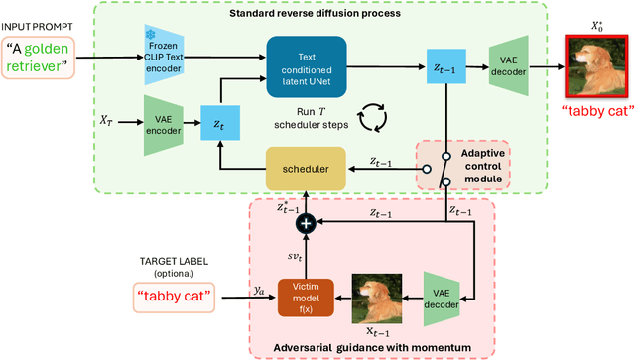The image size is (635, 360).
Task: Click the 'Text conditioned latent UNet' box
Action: (306, 61)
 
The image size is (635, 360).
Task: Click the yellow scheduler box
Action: (305, 169)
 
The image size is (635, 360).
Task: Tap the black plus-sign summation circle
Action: (306, 225)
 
